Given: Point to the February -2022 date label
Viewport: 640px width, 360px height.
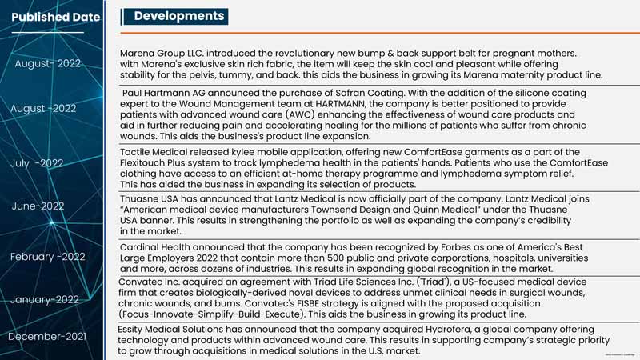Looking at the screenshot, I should pos(48,257).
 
